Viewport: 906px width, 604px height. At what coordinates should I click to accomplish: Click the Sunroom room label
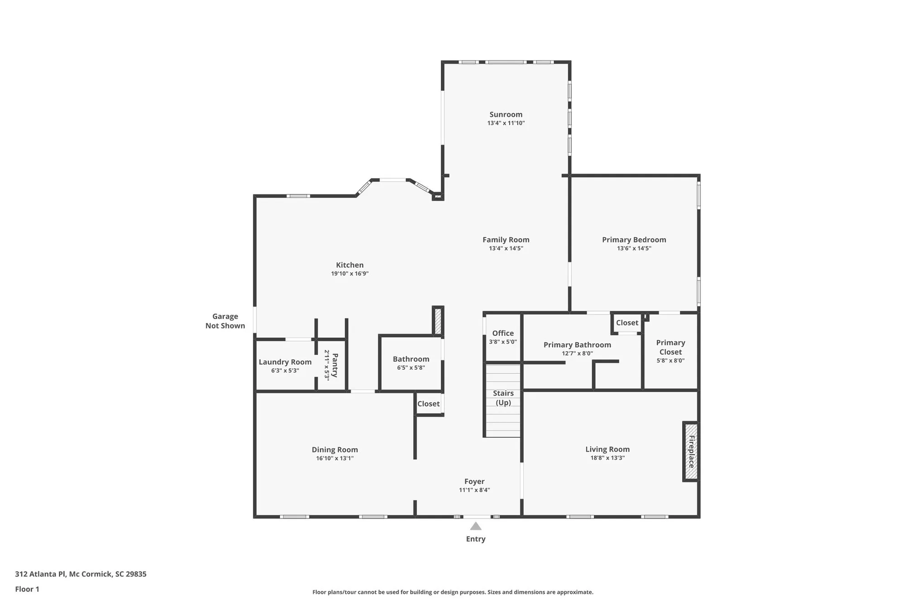pyautogui.click(x=506, y=115)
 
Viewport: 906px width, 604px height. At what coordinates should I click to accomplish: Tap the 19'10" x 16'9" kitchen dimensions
pyautogui.click(x=349, y=274)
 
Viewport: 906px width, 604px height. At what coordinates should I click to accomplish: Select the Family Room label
pyautogui.click(x=506, y=240)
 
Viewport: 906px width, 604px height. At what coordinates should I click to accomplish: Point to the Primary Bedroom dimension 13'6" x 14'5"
pyautogui.click(x=634, y=248)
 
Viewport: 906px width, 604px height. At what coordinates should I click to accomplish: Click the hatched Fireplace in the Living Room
pyautogui.click(x=691, y=451)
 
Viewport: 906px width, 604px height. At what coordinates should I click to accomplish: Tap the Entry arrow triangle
pyautogui.click(x=475, y=526)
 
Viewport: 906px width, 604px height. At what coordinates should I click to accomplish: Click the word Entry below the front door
pyautogui.click(x=475, y=539)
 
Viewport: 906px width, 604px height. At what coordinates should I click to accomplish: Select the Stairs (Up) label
pyautogui.click(x=503, y=398)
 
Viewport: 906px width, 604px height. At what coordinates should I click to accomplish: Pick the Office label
pyautogui.click(x=503, y=333)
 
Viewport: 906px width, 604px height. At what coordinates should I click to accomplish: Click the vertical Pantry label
pyautogui.click(x=335, y=365)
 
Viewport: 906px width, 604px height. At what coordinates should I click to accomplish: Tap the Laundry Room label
pyautogui.click(x=285, y=362)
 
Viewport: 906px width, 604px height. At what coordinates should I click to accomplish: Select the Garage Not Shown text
pyautogui.click(x=225, y=321)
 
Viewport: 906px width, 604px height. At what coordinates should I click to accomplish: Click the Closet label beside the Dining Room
pyautogui.click(x=428, y=404)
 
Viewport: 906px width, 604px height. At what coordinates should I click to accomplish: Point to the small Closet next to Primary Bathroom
pyautogui.click(x=627, y=323)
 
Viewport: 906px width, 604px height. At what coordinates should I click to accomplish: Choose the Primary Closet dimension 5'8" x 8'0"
pyautogui.click(x=670, y=361)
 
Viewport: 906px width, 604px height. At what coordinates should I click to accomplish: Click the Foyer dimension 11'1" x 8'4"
pyautogui.click(x=474, y=490)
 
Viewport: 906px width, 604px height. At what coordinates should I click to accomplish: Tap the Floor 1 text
pyautogui.click(x=27, y=589)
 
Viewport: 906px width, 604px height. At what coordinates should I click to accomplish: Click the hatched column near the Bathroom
pyautogui.click(x=438, y=321)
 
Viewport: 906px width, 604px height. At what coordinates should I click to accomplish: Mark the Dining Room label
pyautogui.click(x=334, y=449)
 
